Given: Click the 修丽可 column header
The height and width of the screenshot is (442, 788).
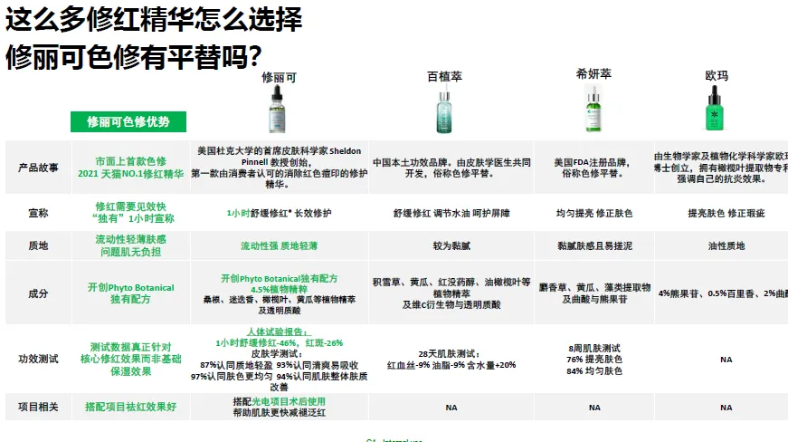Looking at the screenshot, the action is tap(279, 78).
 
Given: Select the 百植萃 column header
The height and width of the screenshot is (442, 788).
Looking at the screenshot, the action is tap(444, 77).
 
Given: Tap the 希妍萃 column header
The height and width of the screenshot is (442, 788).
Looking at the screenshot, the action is tap(593, 73).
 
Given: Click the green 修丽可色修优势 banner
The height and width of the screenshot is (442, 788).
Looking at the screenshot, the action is tap(128, 121).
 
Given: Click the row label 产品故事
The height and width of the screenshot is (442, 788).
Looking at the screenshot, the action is tap(39, 168).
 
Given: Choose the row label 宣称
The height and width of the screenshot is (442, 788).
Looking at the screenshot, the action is tap(39, 214).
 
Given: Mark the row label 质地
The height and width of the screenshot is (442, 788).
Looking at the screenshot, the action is tap(39, 245).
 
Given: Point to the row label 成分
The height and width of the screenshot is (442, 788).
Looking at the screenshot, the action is tap(39, 293).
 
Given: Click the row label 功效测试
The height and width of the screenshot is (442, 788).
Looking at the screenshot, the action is tap(39, 359).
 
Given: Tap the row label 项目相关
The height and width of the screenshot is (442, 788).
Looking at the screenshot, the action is tap(39, 408).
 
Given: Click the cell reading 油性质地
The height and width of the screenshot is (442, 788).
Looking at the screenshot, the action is tap(726, 245).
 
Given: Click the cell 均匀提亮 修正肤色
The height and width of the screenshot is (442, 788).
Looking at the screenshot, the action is tap(594, 214).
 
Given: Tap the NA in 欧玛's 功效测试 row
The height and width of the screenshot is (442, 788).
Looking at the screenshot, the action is tap(726, 359).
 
